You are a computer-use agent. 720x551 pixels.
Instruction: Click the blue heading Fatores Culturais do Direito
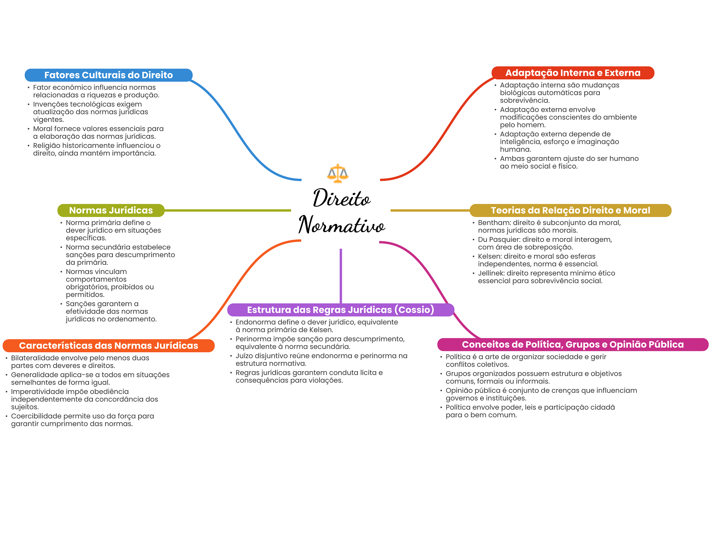click(108, 75)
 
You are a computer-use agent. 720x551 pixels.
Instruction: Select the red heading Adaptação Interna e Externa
click(573, 73)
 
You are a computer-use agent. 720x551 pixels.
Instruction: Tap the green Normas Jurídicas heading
click(111, 210)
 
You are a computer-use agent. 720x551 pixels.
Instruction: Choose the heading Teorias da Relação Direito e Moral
click(570, 210)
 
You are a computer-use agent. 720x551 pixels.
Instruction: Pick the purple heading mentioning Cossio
click(340, 310)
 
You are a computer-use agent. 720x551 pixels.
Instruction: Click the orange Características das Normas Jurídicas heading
click(108, 346)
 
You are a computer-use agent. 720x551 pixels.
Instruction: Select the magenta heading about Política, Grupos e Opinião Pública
click(573, 345)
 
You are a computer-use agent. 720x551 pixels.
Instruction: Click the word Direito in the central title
click(341, 198)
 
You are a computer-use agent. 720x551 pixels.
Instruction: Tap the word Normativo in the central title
click(341, 225)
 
